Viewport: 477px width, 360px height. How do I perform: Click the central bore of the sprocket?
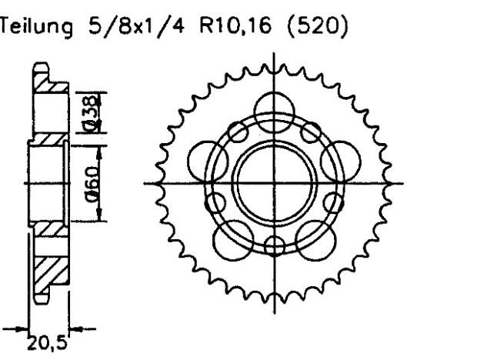coord(275,185)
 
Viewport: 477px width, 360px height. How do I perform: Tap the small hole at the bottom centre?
coord(275,245)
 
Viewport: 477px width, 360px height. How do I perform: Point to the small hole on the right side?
coord(332,203)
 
